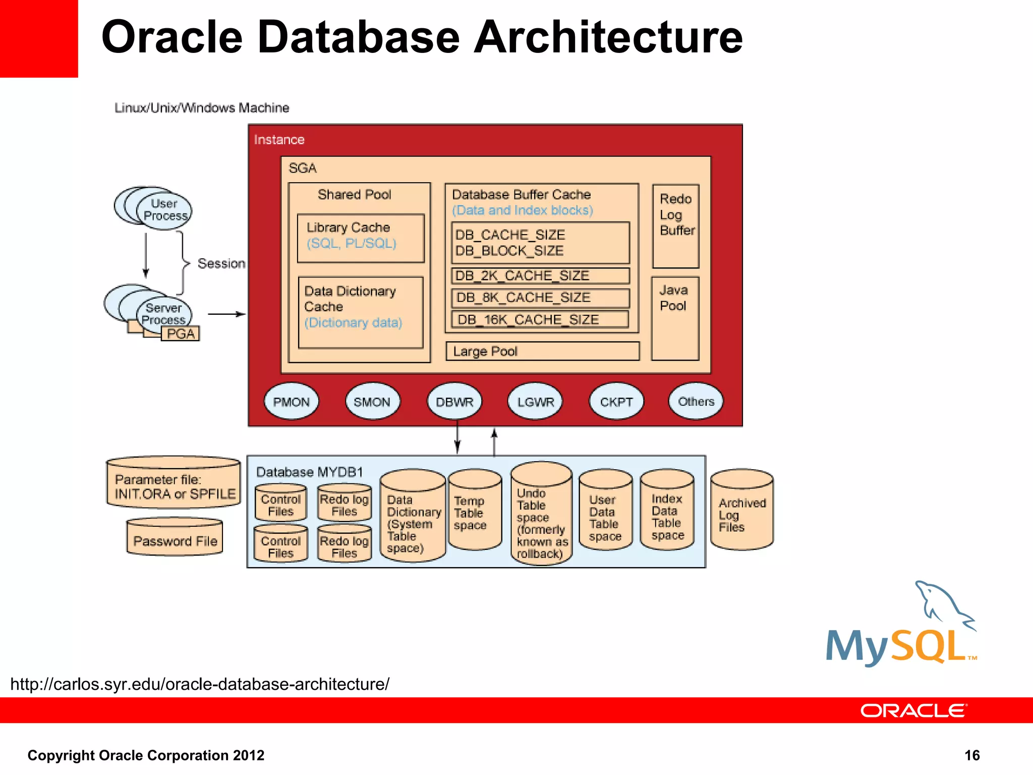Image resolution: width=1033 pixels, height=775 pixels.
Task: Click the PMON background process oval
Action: click(291, 402)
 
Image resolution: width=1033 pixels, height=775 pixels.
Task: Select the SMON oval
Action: click(372, 402)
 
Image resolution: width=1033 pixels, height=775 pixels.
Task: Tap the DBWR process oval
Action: click(454, 402)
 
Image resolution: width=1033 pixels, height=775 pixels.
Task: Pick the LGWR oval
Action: click(535, 402)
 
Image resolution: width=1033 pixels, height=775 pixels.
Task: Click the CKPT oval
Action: click(616, 402)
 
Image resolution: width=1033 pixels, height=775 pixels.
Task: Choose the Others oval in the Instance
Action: click(696, 401)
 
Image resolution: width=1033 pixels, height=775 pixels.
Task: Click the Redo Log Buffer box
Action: click(676, 226)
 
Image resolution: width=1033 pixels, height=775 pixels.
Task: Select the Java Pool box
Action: click(675, 318)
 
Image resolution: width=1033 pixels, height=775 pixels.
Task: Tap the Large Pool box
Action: click(542, 351)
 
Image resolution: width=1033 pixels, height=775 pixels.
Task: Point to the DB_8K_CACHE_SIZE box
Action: click(540, 298)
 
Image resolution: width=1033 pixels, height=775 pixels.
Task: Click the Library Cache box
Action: click(360, 238)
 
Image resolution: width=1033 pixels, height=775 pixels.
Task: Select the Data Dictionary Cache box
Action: click(360, 312)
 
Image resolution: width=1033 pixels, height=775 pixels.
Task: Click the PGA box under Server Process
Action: click(181, 334)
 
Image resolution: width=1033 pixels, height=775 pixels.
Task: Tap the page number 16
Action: click(971, 755)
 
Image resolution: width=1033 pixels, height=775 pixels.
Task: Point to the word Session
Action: click(221, 263)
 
